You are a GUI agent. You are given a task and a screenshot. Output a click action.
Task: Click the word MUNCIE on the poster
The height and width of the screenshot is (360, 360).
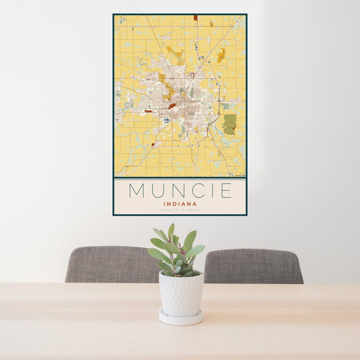(x=180, y=191)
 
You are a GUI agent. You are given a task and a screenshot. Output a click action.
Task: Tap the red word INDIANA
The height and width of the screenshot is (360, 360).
(x=180, y=203)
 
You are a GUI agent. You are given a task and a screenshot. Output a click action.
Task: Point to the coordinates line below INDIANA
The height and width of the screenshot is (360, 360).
(x=180, y=209)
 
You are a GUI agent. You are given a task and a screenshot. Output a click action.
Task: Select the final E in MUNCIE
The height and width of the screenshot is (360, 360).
(x=226, y=191)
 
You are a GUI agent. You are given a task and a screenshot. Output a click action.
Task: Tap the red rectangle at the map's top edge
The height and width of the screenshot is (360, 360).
(x=195, y=17)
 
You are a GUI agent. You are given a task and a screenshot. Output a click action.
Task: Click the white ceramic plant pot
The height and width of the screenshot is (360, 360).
(x=181, y=293)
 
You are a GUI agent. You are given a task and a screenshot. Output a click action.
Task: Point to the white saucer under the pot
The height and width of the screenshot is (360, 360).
(x=181, y=317)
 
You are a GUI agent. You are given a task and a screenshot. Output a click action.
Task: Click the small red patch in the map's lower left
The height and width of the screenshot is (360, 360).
(x=153, y=145)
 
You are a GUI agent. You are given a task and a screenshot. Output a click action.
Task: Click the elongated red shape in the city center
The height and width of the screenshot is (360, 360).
(x=172, y=106)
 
